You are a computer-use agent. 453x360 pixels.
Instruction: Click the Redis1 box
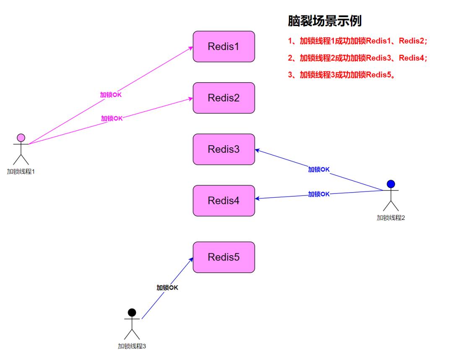tap(224, 47)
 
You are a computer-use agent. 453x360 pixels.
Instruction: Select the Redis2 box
tap(224, 98)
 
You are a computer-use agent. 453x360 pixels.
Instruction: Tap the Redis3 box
tap(224, 149)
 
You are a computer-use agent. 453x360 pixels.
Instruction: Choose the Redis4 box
tap(224, 201)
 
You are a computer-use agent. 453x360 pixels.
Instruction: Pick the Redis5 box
tap(224, 257)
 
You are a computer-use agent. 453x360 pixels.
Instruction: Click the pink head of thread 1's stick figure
tap(21, 138)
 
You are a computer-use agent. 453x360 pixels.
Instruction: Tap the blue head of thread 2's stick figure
tap(391, 184)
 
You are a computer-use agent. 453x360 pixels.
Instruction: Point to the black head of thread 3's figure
tap(132, 313)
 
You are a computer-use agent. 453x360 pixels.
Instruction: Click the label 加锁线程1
tap(21, 171)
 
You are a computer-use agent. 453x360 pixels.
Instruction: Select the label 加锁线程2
tap(391, 217)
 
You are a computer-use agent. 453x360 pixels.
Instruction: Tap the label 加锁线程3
tap(132, 346)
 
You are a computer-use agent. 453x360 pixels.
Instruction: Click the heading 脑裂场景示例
tap(325, 21)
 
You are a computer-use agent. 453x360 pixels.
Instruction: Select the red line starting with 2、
tap(357, 58)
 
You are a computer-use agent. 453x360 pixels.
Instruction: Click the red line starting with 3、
tap(342, 75)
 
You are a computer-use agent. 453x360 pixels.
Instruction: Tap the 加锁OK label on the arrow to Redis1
tap(111, 95)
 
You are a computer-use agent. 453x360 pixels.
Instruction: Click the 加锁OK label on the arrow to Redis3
tap(319, 170)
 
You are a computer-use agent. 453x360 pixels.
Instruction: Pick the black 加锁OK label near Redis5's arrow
tap(167, 287)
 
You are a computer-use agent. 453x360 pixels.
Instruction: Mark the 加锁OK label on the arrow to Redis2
tap(112, 118)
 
